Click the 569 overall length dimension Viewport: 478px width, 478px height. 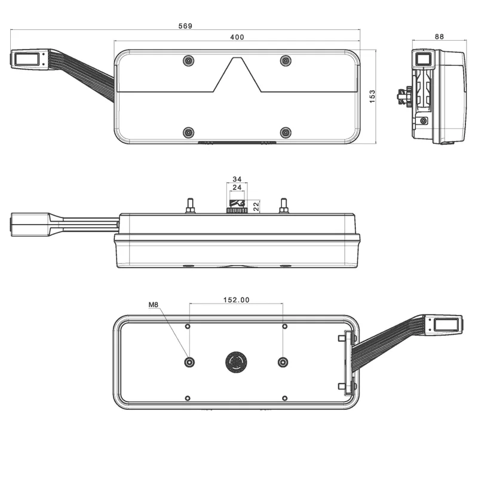coord(185,26)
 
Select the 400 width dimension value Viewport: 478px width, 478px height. coord(237,37)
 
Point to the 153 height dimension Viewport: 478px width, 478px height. coord(372,95)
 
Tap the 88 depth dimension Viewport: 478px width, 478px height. coord(439,36)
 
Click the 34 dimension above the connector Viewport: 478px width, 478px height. coord(237,179)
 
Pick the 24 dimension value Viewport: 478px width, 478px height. coord(237,188)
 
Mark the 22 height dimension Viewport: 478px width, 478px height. coord(256,206)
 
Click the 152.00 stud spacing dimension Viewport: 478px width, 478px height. coord(237,300)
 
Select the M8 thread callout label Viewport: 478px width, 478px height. coord(154,305)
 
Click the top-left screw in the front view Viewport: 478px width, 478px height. coord(188,60)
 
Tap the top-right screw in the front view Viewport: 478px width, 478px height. coord(286,60)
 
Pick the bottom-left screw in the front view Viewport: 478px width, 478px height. coord(188,131)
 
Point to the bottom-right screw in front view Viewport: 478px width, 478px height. coord(286,131)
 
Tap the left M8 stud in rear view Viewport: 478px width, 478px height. coord(189,362)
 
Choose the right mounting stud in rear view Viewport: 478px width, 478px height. coord(283,362)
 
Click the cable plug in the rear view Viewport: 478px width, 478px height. coord(444,324)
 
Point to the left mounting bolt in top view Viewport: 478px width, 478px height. coord(189,206)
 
